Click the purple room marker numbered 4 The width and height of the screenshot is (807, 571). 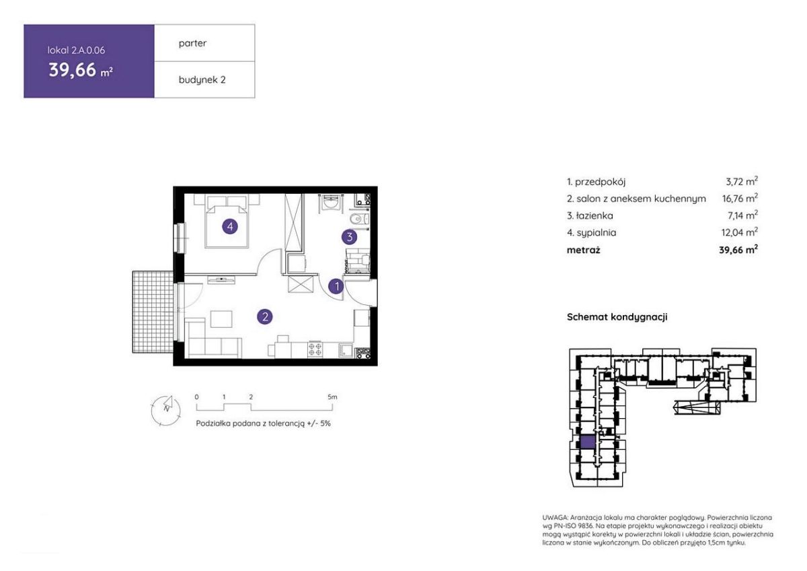tap(230, 227)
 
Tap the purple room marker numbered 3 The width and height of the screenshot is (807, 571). tap(349, 237)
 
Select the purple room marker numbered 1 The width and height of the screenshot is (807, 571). tap(336, 286)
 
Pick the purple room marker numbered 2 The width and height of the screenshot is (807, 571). tap(265, 316)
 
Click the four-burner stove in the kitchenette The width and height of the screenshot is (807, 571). tap(315, 349)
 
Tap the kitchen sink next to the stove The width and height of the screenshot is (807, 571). tap(346, 350)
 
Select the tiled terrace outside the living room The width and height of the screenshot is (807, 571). tap(153, 312)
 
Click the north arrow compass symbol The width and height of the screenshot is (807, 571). tap(166, 411)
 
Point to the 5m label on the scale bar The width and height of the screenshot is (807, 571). tap(332, 397)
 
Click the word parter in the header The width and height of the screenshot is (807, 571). tap(192, 43)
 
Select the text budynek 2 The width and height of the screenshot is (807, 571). tap(202, 79)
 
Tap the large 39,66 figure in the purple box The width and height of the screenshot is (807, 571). tap(73, 69)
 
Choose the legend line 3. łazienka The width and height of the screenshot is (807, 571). tap(590, 215)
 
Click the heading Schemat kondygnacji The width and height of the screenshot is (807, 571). tap(617, 317)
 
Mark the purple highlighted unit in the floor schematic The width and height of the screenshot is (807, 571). tap(588, 442)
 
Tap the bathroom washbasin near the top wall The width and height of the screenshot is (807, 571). tap(330, 203)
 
